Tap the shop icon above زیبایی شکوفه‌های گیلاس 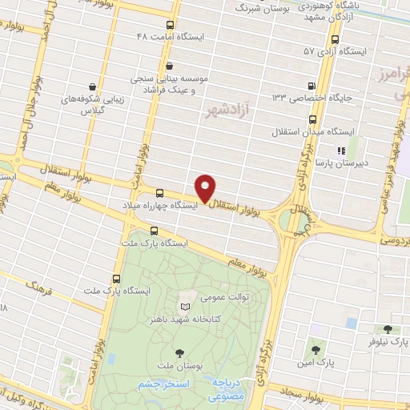click(94, 86)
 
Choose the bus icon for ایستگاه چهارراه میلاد click(159, 193)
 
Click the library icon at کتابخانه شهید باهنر click(186, 307)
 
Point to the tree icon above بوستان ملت click(179, 352)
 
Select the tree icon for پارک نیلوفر click(388, 329)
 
